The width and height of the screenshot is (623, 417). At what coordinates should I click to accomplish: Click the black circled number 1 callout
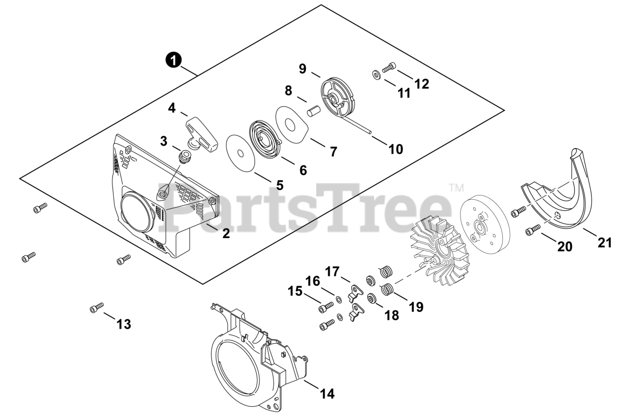pyautogui.click(x=173, y=60)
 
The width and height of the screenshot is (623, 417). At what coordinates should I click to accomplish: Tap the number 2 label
pyautogui.click(x=226, y=233)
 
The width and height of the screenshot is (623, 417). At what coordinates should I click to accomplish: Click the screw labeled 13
pyautogui.click(x=97, y=308)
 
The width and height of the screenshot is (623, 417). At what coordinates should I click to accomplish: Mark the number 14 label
pyautogui.click(x=328, y=393)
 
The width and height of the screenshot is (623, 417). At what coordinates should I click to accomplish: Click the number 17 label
pyautogui.click(x=332, y=271)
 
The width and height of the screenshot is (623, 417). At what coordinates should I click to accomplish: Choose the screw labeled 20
pyautogui.click(x=533, y=230)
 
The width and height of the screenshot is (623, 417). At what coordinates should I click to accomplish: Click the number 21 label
pyautogui.click(x=605, y=242)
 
